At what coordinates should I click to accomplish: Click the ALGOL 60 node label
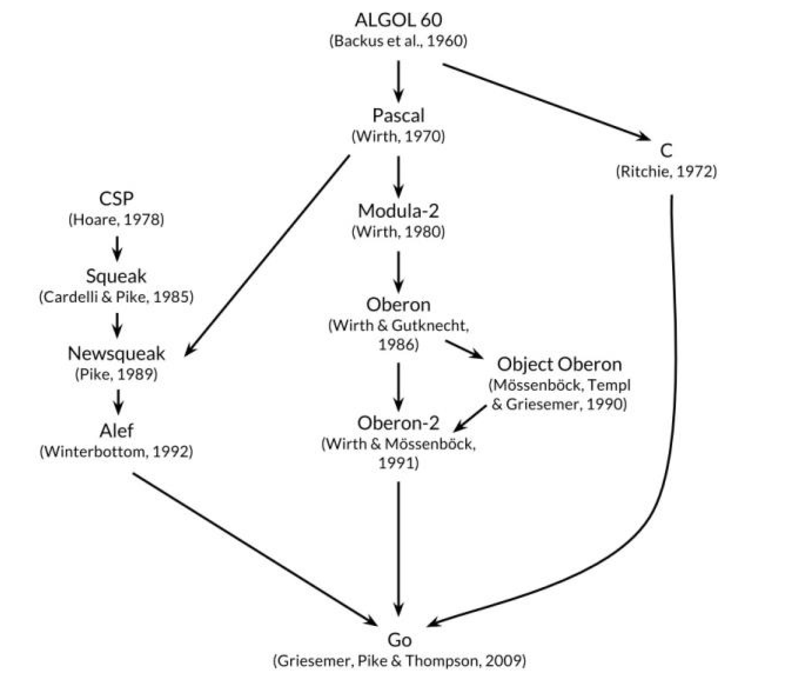click(x=398, y=20)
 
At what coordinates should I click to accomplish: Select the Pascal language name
click(x=398, y=116)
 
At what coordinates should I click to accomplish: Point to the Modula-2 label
click(x=398, y=211)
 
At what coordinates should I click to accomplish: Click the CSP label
click(x=116, y=198)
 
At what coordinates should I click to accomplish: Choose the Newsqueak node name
click(x=116, y=353)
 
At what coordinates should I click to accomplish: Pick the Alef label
click(x=116, y=431)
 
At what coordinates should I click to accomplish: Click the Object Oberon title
click(x=559, y=364)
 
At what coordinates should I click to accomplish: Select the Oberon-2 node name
click(x=398, y=423)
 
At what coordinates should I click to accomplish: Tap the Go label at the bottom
click(x=399, y=640)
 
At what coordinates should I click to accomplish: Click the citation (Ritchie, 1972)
click(x=666, y=171)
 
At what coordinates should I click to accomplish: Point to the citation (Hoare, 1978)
click(x=116, y=219)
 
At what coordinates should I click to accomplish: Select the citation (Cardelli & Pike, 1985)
click(x=116, y=297)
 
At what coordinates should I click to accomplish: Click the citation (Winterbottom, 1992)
click(x=116, y=451)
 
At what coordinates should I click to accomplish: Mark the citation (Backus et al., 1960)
click(x=398, y=40)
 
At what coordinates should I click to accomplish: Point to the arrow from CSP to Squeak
click(x=117, y=248)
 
